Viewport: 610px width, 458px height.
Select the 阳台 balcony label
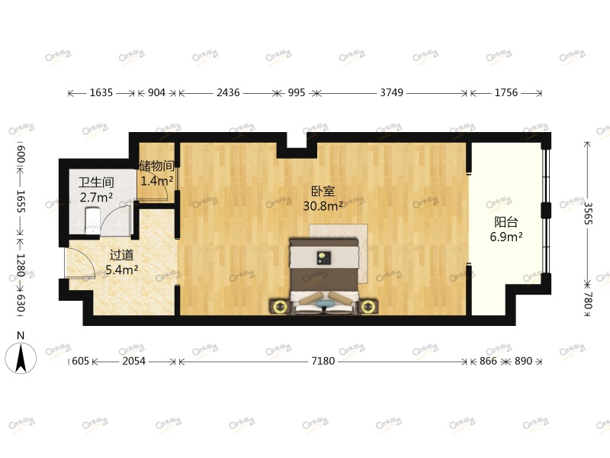(506, 222)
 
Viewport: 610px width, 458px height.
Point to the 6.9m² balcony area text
(506, 237)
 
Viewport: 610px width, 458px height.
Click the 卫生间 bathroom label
(96, 182)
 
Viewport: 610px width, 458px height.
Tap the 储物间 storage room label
(156, 166)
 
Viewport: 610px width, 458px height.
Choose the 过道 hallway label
(121, 255)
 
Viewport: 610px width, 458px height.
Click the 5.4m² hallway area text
(121, 269)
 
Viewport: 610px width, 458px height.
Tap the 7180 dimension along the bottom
(323, 361)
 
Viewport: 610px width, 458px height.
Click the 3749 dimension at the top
(391, 92)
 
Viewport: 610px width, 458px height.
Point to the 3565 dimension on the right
(588, 214)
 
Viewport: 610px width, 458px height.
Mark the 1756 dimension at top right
(506, 92)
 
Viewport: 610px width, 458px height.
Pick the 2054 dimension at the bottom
(135, 361)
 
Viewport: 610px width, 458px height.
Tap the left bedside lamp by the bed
(280, 307)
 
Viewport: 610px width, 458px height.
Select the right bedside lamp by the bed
(370, 307)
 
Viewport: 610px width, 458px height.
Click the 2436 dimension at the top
(228, 92)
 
